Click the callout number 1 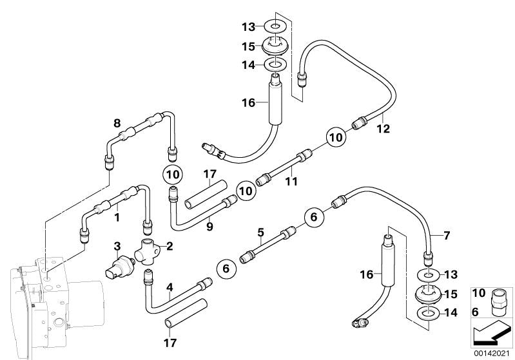point(117,218)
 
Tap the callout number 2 point(170,245)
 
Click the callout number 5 point(260,232)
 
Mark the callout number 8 point(117,122)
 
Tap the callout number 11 point(291,182)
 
